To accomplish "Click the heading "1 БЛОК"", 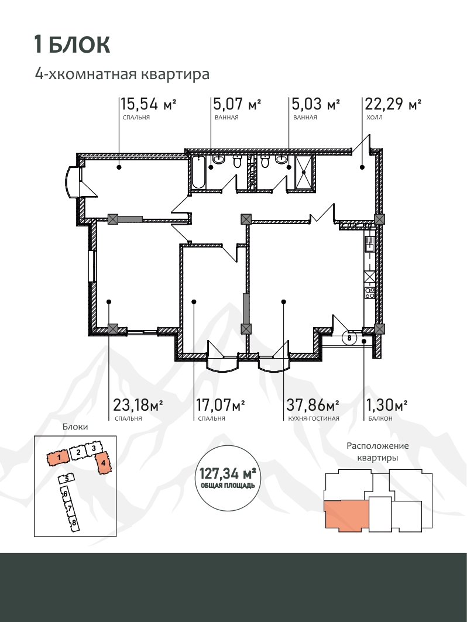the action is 72,44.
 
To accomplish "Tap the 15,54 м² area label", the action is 149,104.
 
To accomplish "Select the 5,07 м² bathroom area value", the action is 237,104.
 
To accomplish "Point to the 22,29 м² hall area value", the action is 393,104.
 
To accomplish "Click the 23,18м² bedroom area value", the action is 138,405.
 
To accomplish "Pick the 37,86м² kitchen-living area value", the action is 313,405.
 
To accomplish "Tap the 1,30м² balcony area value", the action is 387,405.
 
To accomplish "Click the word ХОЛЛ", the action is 375,118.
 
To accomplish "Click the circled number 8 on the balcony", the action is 349,338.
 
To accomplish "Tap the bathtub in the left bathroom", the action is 198,172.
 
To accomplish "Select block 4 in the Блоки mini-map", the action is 103,463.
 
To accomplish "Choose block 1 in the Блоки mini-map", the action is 59,458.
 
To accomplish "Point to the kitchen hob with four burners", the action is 370,293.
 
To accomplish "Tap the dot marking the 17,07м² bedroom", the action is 194,302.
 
